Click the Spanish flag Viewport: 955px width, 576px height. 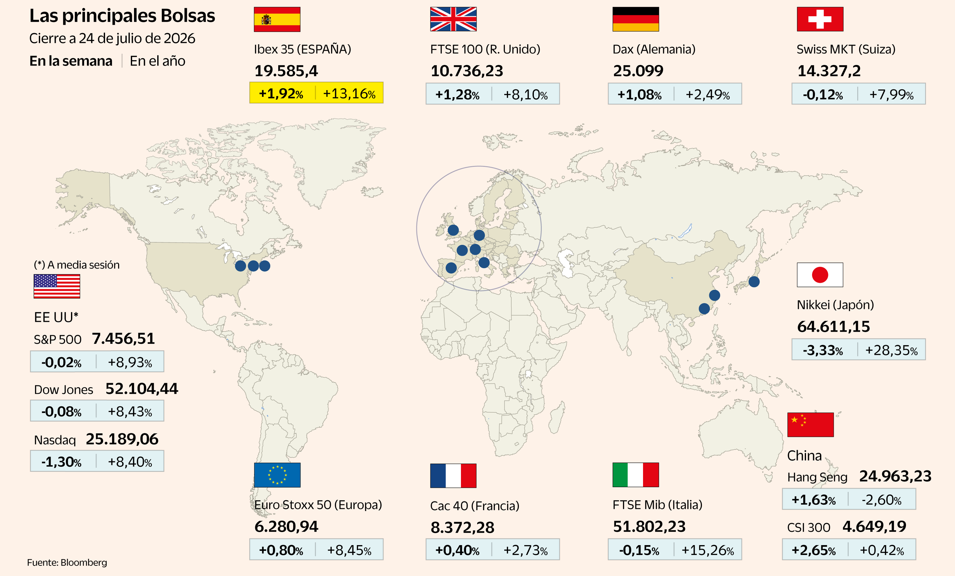pos(277,19)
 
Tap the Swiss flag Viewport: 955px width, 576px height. pos(820,19)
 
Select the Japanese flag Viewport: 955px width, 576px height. pos(820,275)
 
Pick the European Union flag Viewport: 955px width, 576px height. pos(277,475)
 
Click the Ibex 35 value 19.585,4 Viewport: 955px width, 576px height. pos(286,71)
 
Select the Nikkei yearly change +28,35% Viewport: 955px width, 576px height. pos(891,350)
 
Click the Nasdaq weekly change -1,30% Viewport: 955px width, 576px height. pos(61,462)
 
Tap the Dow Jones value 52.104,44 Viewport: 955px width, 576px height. pos(142,389)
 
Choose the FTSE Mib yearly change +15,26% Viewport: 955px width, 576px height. pos(708,550)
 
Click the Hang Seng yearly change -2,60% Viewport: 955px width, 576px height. pos(882,500)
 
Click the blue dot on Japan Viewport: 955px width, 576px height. pos(754,282)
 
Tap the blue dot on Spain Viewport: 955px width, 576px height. pos(451,268)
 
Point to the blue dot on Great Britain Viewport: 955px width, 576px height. pos(453,230)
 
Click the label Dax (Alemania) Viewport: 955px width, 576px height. pos(654,49)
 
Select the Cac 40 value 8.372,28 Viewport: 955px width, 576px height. pos(463,527)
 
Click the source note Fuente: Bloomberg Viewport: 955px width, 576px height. pos(67,562)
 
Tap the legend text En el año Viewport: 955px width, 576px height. pos(157,61)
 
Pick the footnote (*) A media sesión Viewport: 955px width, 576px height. pos(77,265)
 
